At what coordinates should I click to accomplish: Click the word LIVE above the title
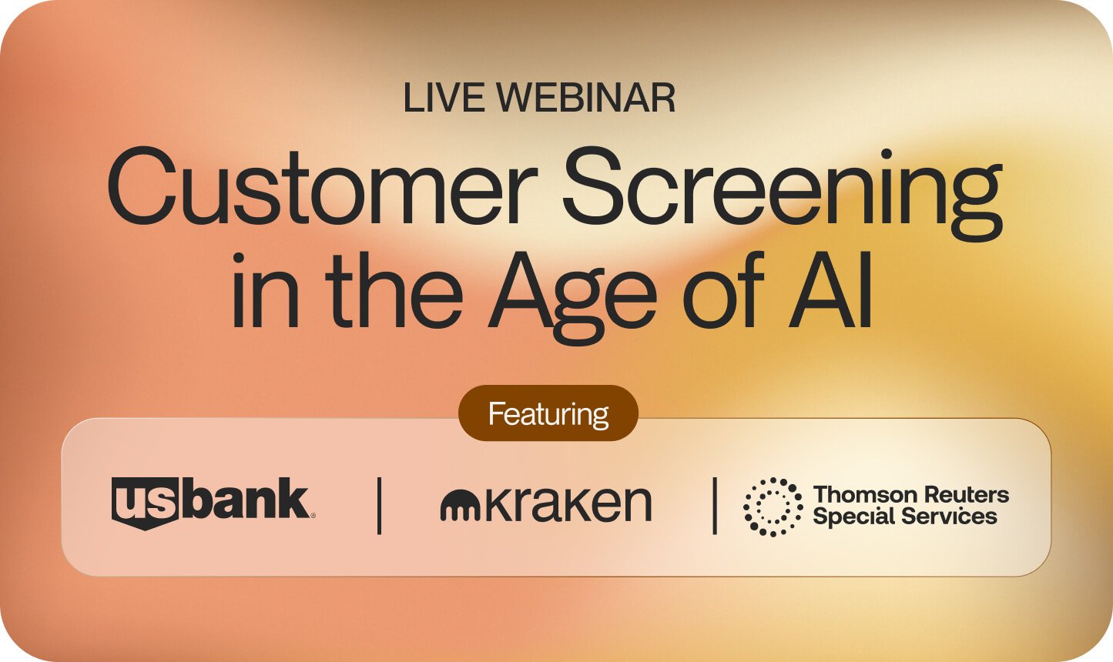point(444,97)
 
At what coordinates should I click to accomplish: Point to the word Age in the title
point(573,297)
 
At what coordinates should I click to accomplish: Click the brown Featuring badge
point(548,413)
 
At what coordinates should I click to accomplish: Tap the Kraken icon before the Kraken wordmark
point(460,505)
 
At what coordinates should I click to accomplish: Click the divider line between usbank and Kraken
point(380,506)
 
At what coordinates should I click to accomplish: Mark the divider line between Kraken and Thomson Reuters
point(715,506)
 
